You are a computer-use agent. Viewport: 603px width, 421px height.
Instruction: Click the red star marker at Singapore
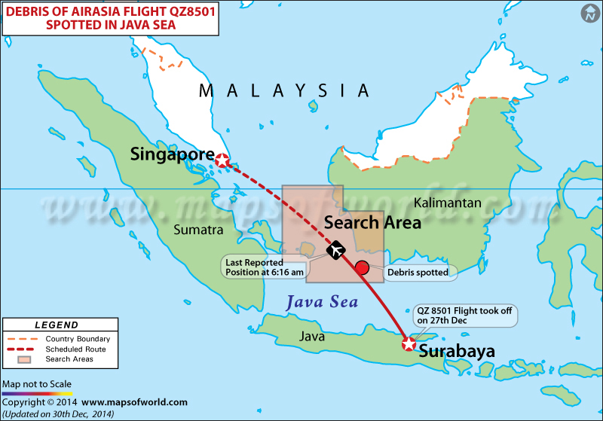(x=222, y=160)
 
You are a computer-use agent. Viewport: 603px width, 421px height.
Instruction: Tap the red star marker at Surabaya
(x=408, y=344)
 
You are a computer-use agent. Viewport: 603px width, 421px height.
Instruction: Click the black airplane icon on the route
(x=335, y=250)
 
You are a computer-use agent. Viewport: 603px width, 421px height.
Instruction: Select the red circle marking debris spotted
(x=362, y=267)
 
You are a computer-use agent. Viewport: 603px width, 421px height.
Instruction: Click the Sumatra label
(x=198, y=229)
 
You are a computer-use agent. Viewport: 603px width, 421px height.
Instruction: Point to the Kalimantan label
(x=448, y=203)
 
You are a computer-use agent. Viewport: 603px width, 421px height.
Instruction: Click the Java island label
(x=312, y=336)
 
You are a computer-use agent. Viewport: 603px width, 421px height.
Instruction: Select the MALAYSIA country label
(x=284, y=91)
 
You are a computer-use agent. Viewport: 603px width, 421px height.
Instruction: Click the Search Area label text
(x=372, y=222)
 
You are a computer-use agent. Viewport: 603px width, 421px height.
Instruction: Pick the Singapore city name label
(x=172, y=154)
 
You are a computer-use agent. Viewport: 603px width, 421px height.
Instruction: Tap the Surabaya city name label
(x=457, y=351)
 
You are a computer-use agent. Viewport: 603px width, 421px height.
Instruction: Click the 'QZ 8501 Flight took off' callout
(x=467, y=314)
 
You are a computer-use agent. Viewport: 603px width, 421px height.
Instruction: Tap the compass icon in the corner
(x=589, y=13)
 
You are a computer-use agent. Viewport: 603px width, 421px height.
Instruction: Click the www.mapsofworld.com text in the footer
(x=134, y=402)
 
